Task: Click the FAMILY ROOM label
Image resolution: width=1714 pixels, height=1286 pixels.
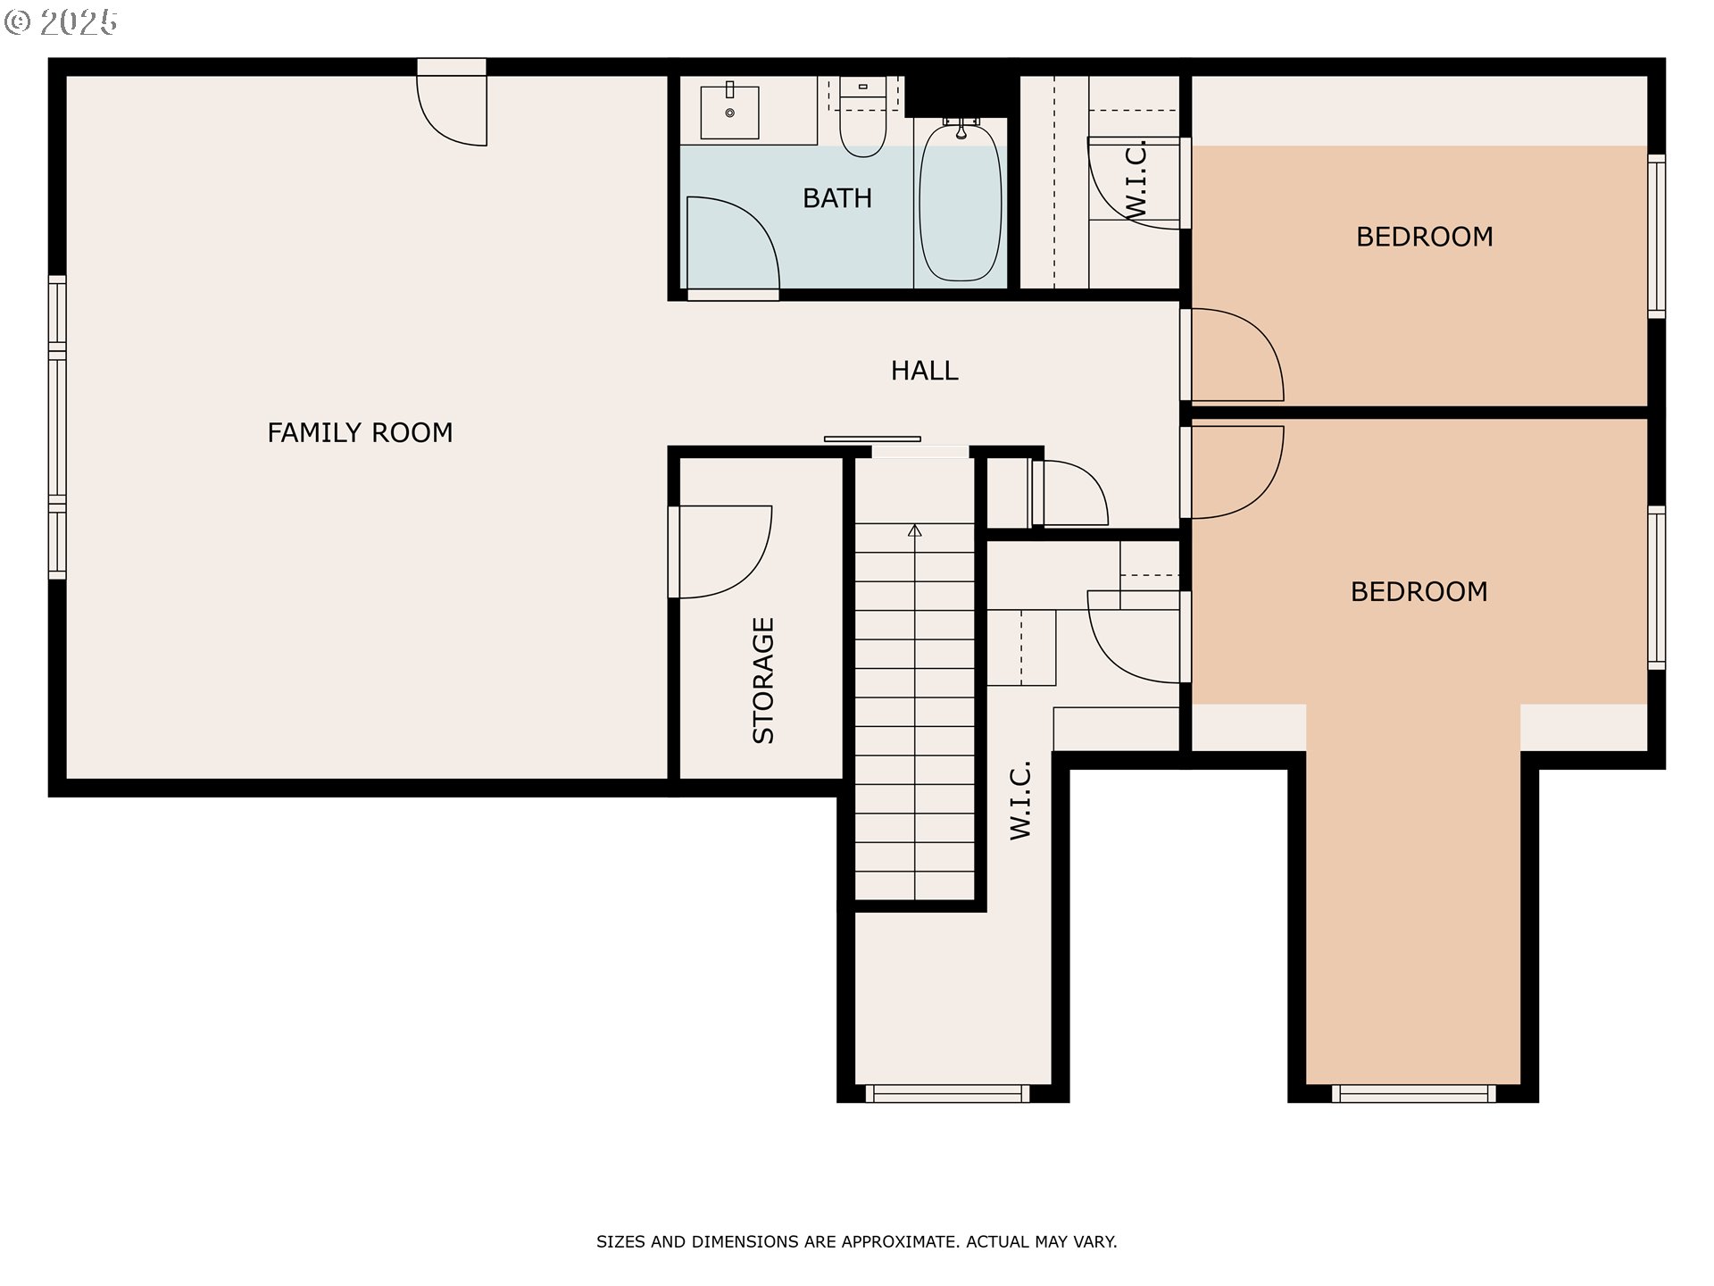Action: click(x=360, y=433)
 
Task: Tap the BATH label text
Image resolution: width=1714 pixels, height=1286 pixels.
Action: click(x=836, y=198)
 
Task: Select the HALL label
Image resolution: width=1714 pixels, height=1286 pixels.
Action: click(x=924, y=371)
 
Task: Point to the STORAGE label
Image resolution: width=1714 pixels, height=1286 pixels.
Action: click(x=763, y=681)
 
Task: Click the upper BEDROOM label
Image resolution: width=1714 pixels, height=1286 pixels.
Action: click(x=1424, y=237)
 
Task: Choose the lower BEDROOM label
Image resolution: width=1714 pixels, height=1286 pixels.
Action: click(x=1419, y=592)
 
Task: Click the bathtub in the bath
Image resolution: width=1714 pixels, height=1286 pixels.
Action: click(x=961, y=202)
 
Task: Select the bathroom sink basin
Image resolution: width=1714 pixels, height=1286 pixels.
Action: click(x=729, y=113)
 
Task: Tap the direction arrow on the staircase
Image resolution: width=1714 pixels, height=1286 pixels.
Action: click(x=915, y=530)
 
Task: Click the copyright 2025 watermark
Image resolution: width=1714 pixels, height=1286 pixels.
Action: click(x=61, y=22)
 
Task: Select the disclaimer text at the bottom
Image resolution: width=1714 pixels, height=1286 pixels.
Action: click(x=857, y=1241)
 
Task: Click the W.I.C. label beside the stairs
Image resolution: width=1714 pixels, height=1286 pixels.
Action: click(x=1021, y=800)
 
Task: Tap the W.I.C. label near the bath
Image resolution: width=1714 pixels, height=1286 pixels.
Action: click(x=1135, y=179)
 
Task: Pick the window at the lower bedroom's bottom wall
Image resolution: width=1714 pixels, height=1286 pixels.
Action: click(x=1414, y=1094)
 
